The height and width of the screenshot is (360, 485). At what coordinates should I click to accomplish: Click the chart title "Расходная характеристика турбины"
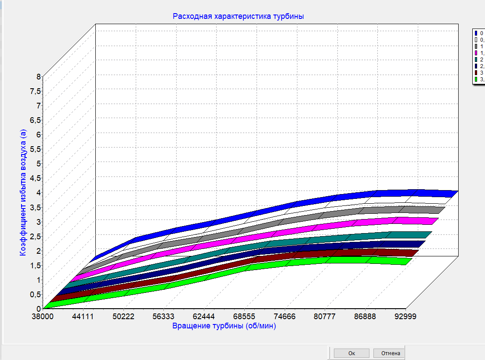(239, 16)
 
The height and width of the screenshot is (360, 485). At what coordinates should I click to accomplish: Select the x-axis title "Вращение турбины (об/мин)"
(224, 326)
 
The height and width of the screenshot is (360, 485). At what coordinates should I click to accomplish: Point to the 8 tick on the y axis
(39, 76)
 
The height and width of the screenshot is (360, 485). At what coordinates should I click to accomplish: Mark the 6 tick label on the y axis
(39, 134)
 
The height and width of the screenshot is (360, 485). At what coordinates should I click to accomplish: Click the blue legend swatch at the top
(476, 33)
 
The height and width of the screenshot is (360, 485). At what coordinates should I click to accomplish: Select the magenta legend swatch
(476, 53)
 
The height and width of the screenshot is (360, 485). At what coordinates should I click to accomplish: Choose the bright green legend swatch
(476, 79)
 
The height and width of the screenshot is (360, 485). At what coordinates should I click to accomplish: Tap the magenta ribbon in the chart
(308, 229)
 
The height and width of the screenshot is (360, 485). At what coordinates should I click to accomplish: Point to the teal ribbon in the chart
(308, 241)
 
